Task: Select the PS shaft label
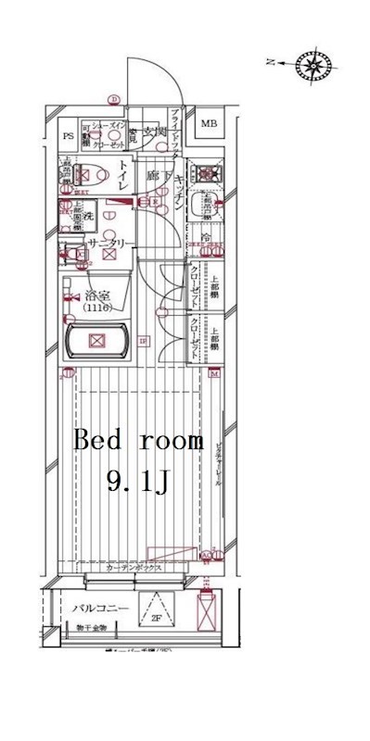pos(68,136)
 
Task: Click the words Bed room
pos(138,441)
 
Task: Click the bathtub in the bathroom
pos(96,343)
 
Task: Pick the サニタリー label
pos(110,244)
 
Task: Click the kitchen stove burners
pos(205,172)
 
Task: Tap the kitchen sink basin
pos(202,207)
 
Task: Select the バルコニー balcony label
pos(99,608)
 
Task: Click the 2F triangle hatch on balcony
pos(157,611)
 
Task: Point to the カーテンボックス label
pos(134,568)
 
